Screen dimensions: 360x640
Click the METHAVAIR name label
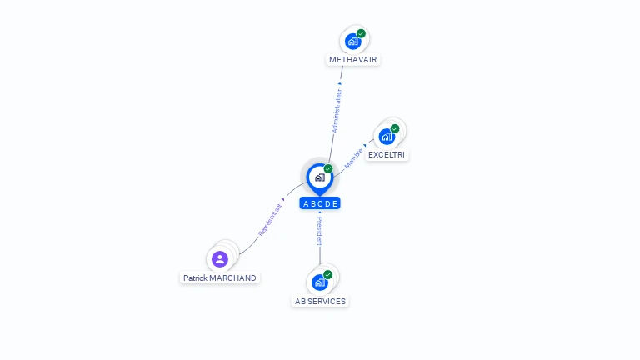[354, 60]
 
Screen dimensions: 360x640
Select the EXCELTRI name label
[387, 155]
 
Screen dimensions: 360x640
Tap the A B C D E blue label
[320, 203]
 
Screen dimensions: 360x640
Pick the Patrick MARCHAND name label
[220, 277]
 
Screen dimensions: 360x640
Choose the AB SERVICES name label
[320, 301]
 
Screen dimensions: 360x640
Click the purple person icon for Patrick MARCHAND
[220, 258]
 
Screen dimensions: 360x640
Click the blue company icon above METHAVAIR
[353, 41]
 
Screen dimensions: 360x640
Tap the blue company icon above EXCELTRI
[387, 137]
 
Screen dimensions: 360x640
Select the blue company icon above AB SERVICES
[320, 282]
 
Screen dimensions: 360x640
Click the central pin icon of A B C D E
[319, 177]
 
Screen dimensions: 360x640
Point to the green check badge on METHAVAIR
[362, 33]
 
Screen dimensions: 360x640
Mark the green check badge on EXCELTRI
[395, 128]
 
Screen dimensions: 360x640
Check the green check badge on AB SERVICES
[328, 274]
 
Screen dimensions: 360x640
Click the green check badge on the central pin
[328, 168]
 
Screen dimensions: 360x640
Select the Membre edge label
[353, 158]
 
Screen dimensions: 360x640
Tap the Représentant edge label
[270, 220]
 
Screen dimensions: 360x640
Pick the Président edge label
[320, 232]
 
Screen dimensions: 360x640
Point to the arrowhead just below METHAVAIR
[340, 83]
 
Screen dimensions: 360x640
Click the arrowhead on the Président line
[320, 213]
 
